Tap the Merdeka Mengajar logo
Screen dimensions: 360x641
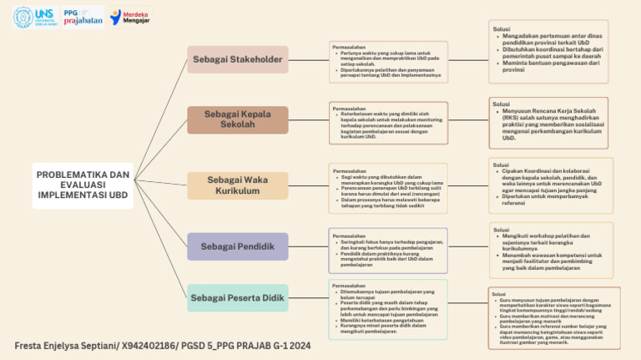[x=130, y=17]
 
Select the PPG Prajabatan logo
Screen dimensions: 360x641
[x=83, y=17]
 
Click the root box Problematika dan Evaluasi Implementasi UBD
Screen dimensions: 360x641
[x=83, y=185]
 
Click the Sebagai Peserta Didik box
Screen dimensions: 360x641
[x=237, y=297]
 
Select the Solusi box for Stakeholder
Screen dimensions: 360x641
[x=548, y=52]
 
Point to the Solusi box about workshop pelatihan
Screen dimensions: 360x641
[x=550, y=250]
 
